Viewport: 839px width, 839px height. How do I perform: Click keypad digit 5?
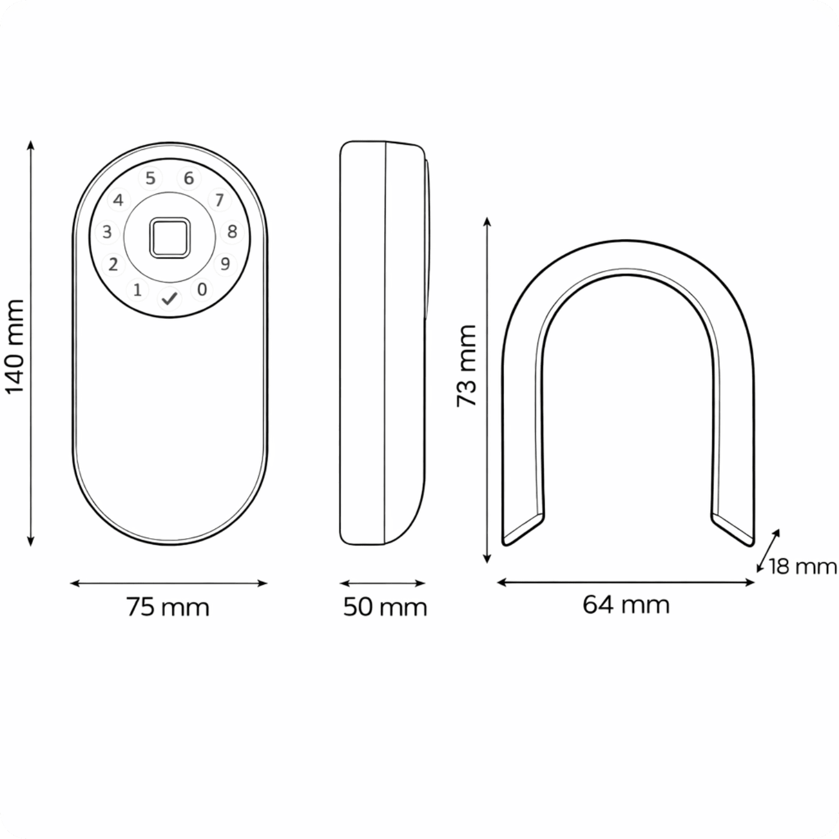(150, 178)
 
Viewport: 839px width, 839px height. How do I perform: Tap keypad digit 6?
(189, 177)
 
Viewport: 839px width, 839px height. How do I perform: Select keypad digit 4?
(118, 200)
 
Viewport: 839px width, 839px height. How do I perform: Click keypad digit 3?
(107, 232)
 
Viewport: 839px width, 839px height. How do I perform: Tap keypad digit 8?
(232, 231)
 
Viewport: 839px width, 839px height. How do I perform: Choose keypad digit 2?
(113, 264)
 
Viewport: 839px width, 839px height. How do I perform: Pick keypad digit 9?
(225, 264)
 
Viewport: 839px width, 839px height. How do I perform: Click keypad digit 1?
(138, 290)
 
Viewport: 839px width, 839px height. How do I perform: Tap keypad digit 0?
(201, 289)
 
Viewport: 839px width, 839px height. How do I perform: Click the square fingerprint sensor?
(170, 237)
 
